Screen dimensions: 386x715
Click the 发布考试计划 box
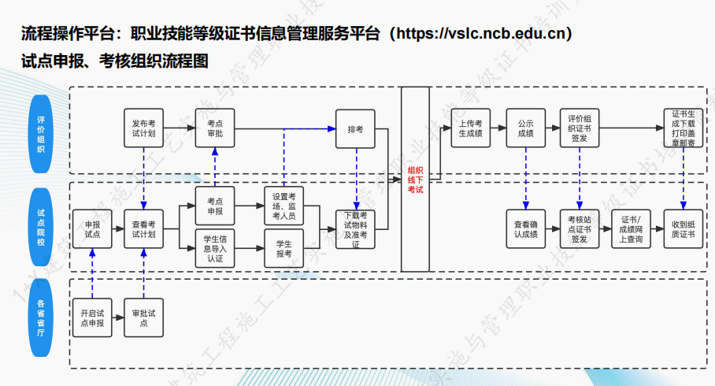click(x=143, y=128)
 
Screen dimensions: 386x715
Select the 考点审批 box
click(x=215, y=128)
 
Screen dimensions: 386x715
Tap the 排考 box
click(x=355, y=128)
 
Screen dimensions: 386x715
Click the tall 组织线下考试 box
click(x=415, y=180)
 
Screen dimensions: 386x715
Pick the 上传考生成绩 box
click(x=471, y=128)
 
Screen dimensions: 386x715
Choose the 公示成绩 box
click(x=525, y=128)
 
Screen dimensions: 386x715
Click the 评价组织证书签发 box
click(x=580, y=128)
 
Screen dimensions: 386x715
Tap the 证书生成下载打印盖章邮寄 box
click(x=683, y=128)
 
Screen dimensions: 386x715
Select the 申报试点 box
click(x=92, y=229)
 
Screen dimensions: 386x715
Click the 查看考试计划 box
click(x=143, y=229)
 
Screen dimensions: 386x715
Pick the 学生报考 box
click(x=283, y=248)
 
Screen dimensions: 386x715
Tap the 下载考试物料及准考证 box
click(x=355, y=229)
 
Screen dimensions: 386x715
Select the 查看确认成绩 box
click(x=525, y=229)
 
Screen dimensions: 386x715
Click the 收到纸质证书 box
click(x=683, y=229)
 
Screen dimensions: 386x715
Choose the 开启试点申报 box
click(x=92, y=317)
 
